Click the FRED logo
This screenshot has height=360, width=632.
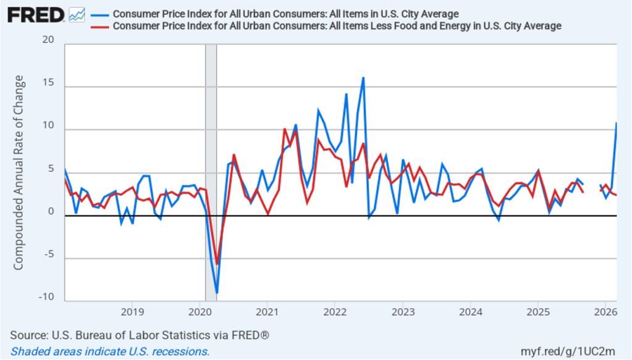pyautogui.click(x=36, y=14)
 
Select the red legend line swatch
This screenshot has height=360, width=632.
pyautogui.click(x=99, y=26)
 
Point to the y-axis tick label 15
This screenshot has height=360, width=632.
pyautogui.click(x=49, y=83)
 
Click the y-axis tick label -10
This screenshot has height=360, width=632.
pyautogui.click(x=46, y=297)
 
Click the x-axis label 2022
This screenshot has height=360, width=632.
pyautogui.click(x=334, y=311)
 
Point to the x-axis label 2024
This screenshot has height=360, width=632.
pyautogui.click(x=470, y=311)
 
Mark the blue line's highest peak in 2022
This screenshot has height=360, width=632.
pyautogui.click(x=363, y=78)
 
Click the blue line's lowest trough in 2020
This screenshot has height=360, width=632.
pyautogui.click(x=217, y=293)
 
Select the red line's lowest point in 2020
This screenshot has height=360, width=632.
pyautogui.click(x=217, y=264)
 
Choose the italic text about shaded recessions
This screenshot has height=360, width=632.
pyautogui.click(x=110, y=351)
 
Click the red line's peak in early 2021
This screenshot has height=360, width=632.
pyautogui.click(x=284, y=130)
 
